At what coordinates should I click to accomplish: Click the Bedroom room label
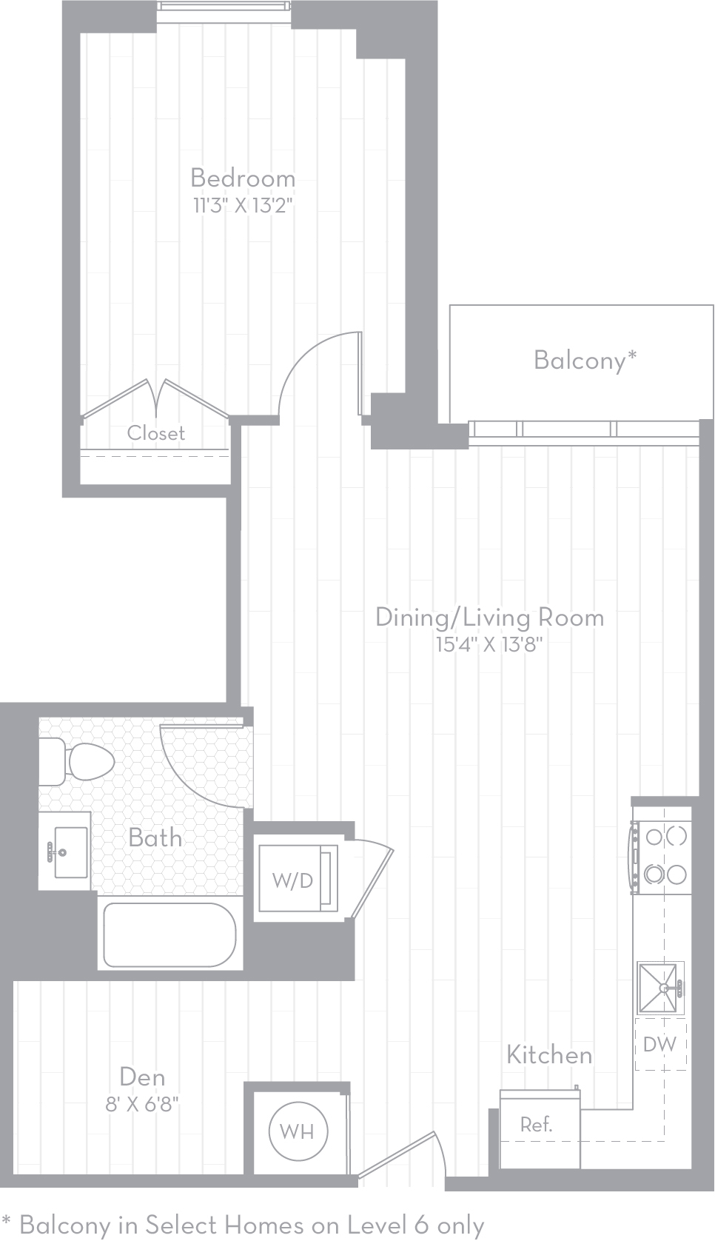pyautogui.click(x=243, y=178)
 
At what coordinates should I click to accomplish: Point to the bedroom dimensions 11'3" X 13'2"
pyautogui.click(x=242, y=206)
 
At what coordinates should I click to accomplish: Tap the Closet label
pyautogui.click(x=155, y=432)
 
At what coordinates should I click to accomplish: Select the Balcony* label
pyautogui.click(x=585, y=360)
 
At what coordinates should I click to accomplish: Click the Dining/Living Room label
pyautogui.click(x=489, y=618)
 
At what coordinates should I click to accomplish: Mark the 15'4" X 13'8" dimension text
pyautogui.click(x=489, y=645)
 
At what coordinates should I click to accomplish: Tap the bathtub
pyautogui.click(x=169, y=935)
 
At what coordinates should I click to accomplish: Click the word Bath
pyautogui.click(x=155, y=837)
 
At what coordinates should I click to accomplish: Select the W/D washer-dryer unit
pyautogui.click(x=298, y=879)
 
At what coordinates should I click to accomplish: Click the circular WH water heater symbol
pyautogui.click(x=298, y=1132)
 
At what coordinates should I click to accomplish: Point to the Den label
pyautogui.click(x=142, y=1077)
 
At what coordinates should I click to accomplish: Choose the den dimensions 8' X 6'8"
pyautogui.click(x=142, y=1105)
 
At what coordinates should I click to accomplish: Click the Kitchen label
pyautogui.click(x=549, y=1055)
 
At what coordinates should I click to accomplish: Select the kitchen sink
pyautogui.click(x=660, y=987)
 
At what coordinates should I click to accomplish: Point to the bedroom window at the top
pyautogui.click(x=224, y=7)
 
